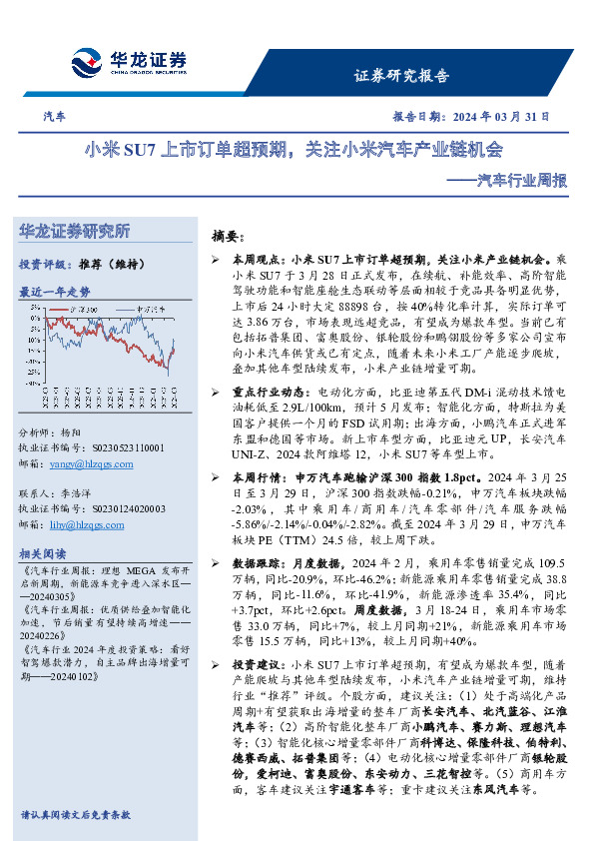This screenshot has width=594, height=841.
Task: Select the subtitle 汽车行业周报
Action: pos(523,181)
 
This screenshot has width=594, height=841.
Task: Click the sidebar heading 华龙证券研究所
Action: pos(75,232)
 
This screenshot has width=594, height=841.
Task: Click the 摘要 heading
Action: pos(228,237)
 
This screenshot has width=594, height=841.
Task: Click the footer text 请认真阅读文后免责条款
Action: pos(75,815)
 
